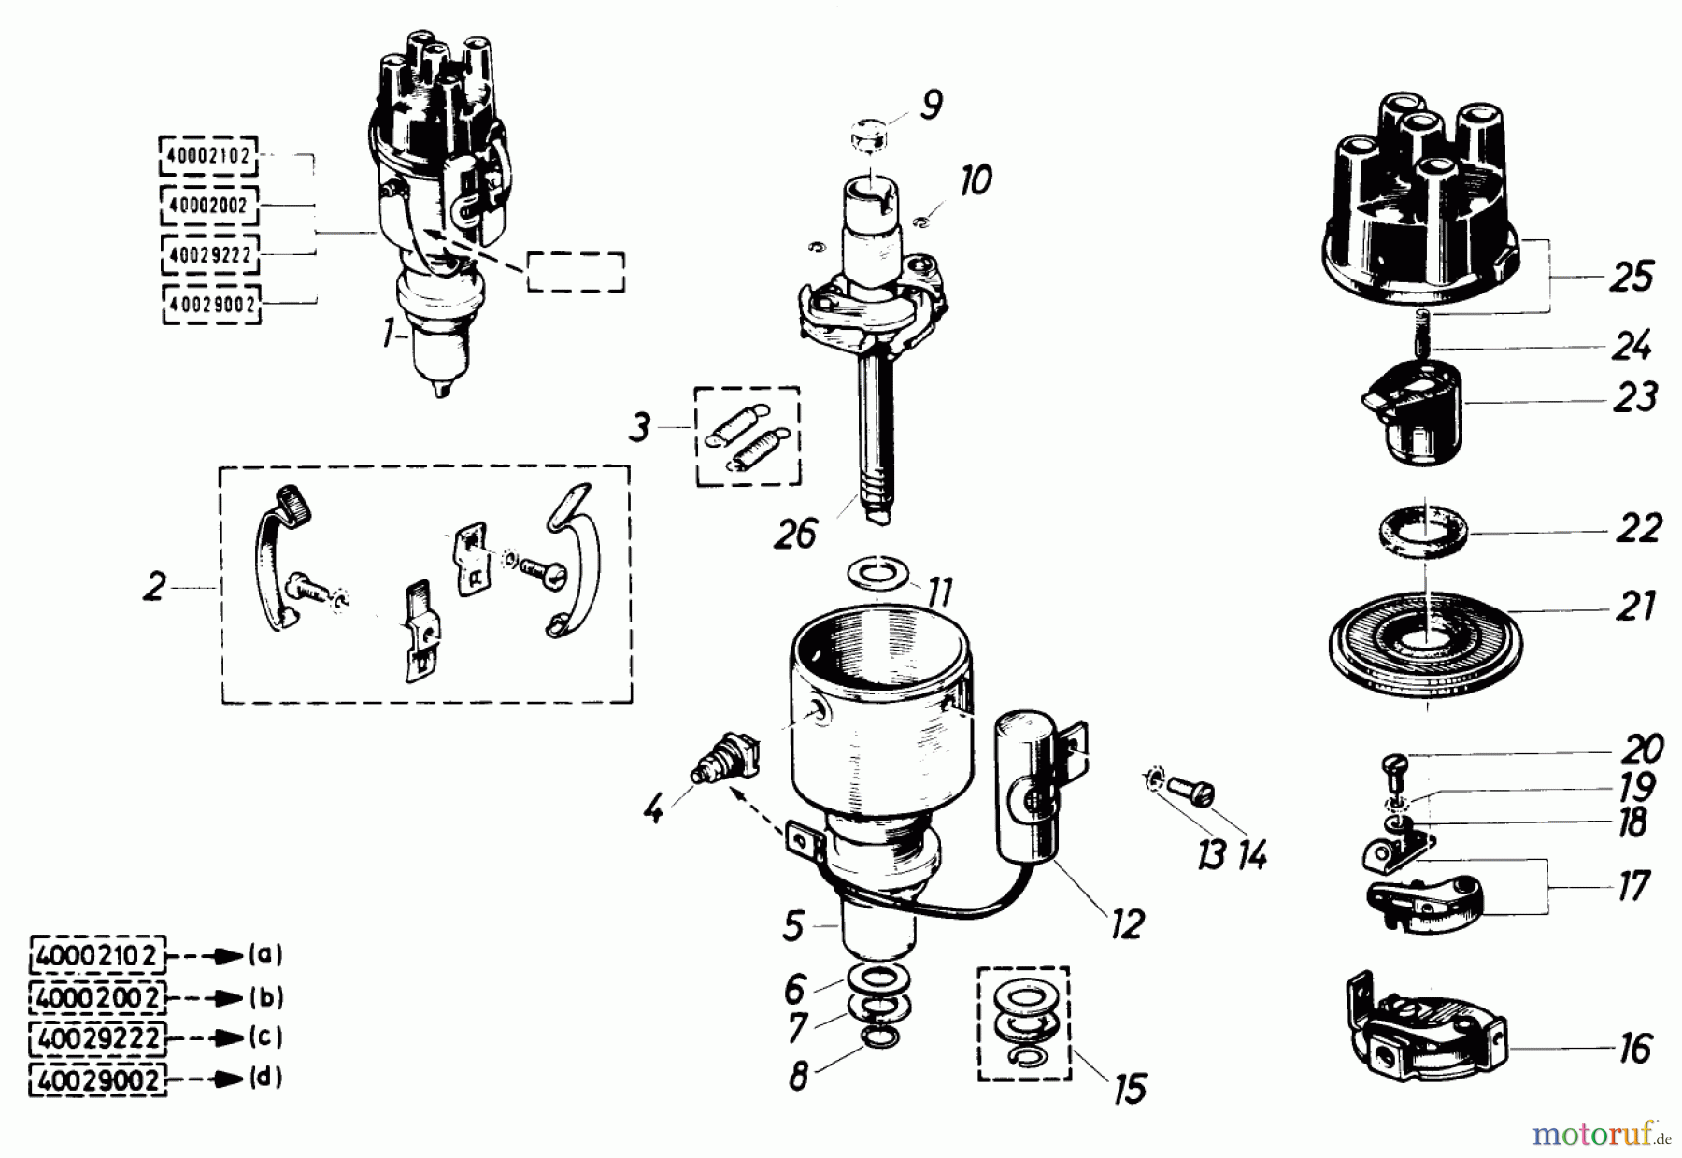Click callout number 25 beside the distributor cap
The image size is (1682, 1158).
coord(1631,278)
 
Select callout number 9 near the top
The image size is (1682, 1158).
coord(930,106)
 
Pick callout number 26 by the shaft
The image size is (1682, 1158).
coord(794,535)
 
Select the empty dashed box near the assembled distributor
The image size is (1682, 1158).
coord(576,272)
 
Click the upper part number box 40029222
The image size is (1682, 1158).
coord(210,254)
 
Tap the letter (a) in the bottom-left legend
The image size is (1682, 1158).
coord(265,955)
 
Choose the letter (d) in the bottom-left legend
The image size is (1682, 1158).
coord(265,1078)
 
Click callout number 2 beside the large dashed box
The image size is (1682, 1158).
coord(154,587)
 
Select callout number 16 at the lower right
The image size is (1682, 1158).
coord(1634,1048)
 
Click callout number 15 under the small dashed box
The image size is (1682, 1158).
coord(1130,1088)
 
